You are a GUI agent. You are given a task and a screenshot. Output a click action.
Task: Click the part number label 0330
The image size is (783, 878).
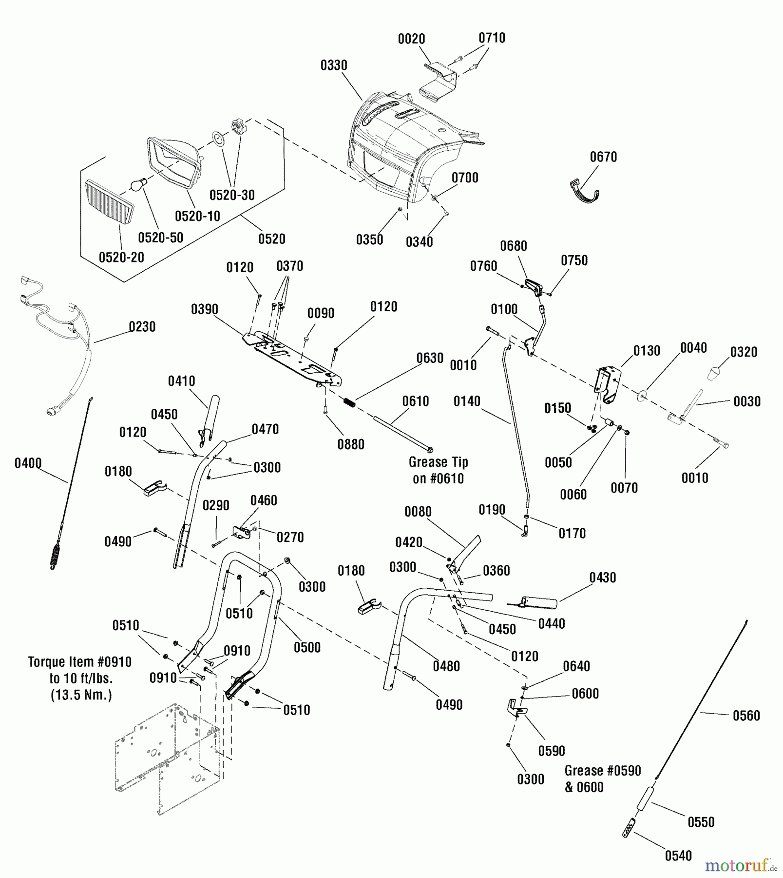(x=334, y=65)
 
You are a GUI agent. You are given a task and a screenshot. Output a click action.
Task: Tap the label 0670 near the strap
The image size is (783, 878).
(x=603, y=157)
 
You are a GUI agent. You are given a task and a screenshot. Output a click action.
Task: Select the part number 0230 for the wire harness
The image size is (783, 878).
(x=142, y=327)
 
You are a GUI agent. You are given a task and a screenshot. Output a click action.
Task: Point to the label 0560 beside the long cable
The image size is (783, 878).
(x=746, y=716)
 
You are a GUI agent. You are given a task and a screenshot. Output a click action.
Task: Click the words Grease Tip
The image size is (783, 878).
(x=438, y=462)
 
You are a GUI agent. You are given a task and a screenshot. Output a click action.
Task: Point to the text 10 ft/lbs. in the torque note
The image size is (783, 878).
(x=80, y=678)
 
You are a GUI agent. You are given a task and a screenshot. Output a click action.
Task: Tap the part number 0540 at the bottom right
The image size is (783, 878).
(x=678, y=856)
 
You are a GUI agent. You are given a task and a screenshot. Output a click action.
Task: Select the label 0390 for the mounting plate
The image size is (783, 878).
(x=205, y=309)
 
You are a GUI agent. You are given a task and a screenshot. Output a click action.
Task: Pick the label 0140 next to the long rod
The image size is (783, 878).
(x=467, y=401)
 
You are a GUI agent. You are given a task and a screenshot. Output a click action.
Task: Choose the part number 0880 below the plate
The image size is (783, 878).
(x=351, y=444)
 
